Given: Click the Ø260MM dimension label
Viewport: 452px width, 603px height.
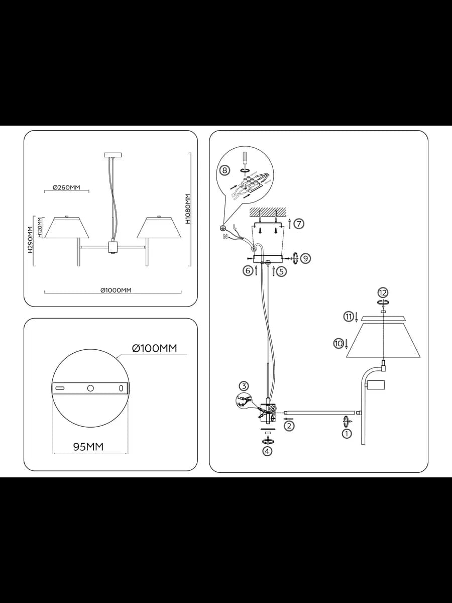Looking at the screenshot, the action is click(66, 187).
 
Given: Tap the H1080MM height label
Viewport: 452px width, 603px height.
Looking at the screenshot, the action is click(188, 209).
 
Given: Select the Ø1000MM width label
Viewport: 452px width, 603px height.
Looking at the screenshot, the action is click(116, 290).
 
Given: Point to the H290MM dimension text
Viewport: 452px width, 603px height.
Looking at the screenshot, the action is click(30, 240).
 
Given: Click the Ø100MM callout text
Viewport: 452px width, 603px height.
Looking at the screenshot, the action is click(155, 348).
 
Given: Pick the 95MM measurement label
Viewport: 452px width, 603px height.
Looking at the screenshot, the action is click(88, 447).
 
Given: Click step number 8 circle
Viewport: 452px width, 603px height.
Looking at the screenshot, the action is click(224, 170).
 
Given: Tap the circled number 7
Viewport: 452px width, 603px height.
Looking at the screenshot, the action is click(299, 224).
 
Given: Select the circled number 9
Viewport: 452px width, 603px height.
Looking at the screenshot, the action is click(306, 258).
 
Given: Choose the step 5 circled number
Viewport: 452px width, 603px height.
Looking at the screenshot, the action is click(281, 271).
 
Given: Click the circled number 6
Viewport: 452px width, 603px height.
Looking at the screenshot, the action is click(248, 271).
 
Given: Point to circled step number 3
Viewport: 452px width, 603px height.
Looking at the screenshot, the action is click(244, 386).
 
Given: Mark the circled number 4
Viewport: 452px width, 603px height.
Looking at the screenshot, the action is click(267, 451).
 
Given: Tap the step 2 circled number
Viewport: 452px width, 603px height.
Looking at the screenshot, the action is click(289, 426).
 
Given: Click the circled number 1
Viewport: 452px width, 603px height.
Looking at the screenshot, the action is click(347, 434).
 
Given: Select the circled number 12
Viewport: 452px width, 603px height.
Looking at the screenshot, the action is click(383, 293).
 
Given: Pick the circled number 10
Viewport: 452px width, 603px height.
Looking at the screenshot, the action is click(338, 343).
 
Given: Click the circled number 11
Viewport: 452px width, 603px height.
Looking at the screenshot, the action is click(349, 317).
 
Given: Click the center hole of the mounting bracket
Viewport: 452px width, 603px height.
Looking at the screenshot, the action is click(90, 388).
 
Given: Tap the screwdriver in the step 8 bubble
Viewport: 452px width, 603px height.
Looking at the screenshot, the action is click(243, 159).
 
